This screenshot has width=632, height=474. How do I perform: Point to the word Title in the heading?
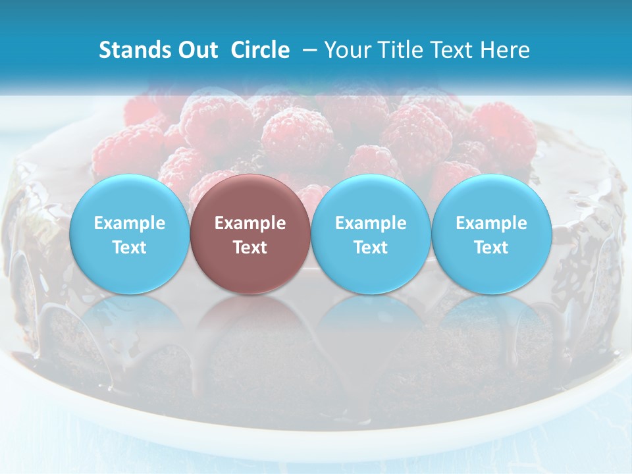click(396, 50)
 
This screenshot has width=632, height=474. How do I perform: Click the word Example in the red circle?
click(250, 223)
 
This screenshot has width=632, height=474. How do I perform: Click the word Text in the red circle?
click(250, 248)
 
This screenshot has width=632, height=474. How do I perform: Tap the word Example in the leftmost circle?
click(130, 223)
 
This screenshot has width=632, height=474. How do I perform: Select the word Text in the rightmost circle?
click(491, 248)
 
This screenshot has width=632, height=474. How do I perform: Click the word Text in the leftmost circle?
click(130, 248)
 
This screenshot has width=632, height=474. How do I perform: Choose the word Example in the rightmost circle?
click(491, 223)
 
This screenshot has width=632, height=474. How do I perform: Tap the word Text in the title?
click(449, 50)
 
